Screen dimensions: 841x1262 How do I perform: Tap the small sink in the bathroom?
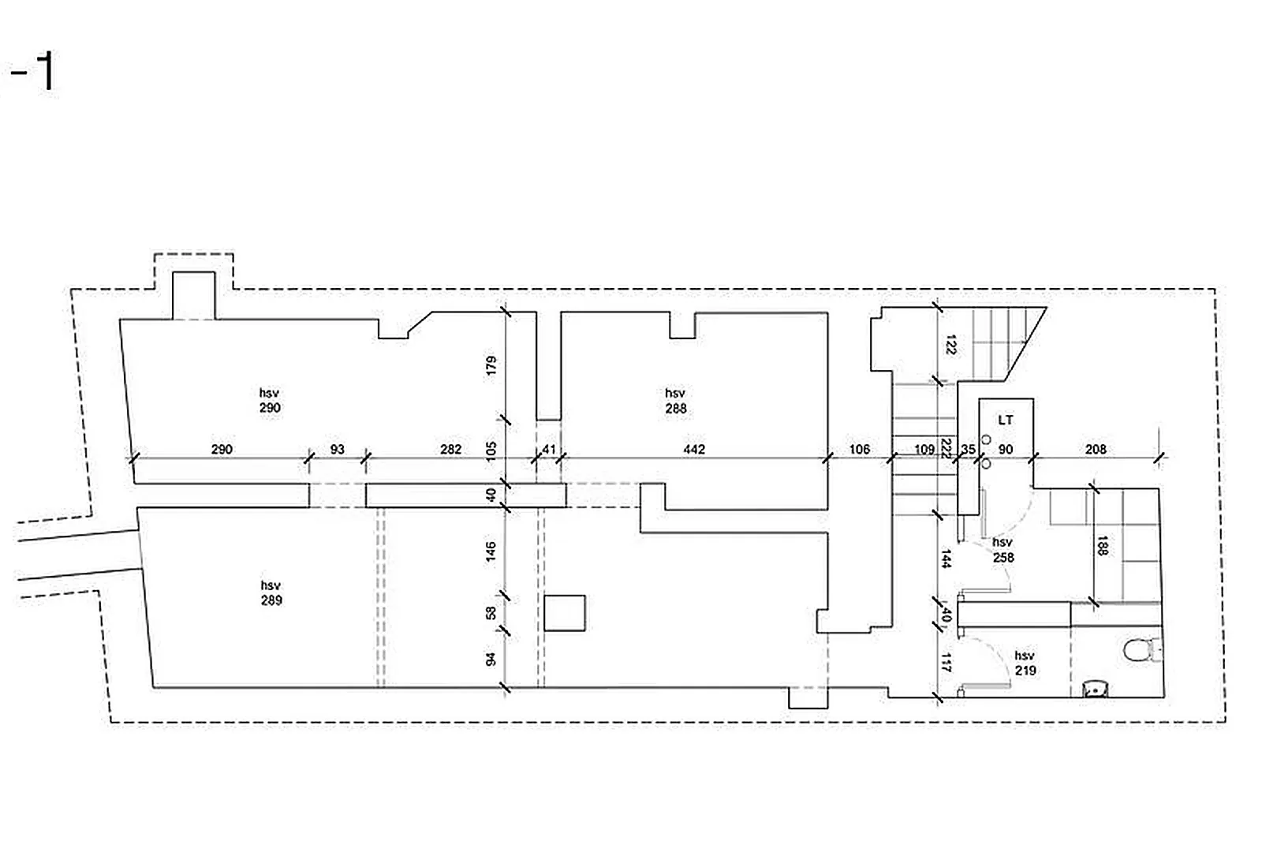click(1096, 690)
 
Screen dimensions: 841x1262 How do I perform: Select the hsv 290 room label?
click(270, 400)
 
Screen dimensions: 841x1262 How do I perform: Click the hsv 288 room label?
click(675, 401)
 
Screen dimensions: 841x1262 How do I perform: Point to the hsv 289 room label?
click(271, 592)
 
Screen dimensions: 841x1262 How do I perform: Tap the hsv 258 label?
click(1003, 550)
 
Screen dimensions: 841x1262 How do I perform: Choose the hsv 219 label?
click(1025, 663)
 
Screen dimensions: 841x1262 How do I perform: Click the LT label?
click(1005, 420)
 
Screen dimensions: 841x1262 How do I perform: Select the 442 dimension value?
click(694, 449)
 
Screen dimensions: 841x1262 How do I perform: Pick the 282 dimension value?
click(450, 449)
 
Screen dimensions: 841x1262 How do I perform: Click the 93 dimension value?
click(337, 449)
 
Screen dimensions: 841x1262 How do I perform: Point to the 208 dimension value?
click(1096, 449)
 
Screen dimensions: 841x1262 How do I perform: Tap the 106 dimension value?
click(859, 449)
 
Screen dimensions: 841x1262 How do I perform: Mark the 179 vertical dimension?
click(491, 364)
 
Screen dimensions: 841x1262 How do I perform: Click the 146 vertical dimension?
click(491, 551)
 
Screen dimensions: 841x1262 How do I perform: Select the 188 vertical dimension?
click(1103, 545)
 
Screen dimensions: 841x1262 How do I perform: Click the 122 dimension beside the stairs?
click(950, 345)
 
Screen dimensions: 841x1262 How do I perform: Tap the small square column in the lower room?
click(565, 613)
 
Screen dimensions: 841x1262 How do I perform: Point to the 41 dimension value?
click(549, 449)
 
